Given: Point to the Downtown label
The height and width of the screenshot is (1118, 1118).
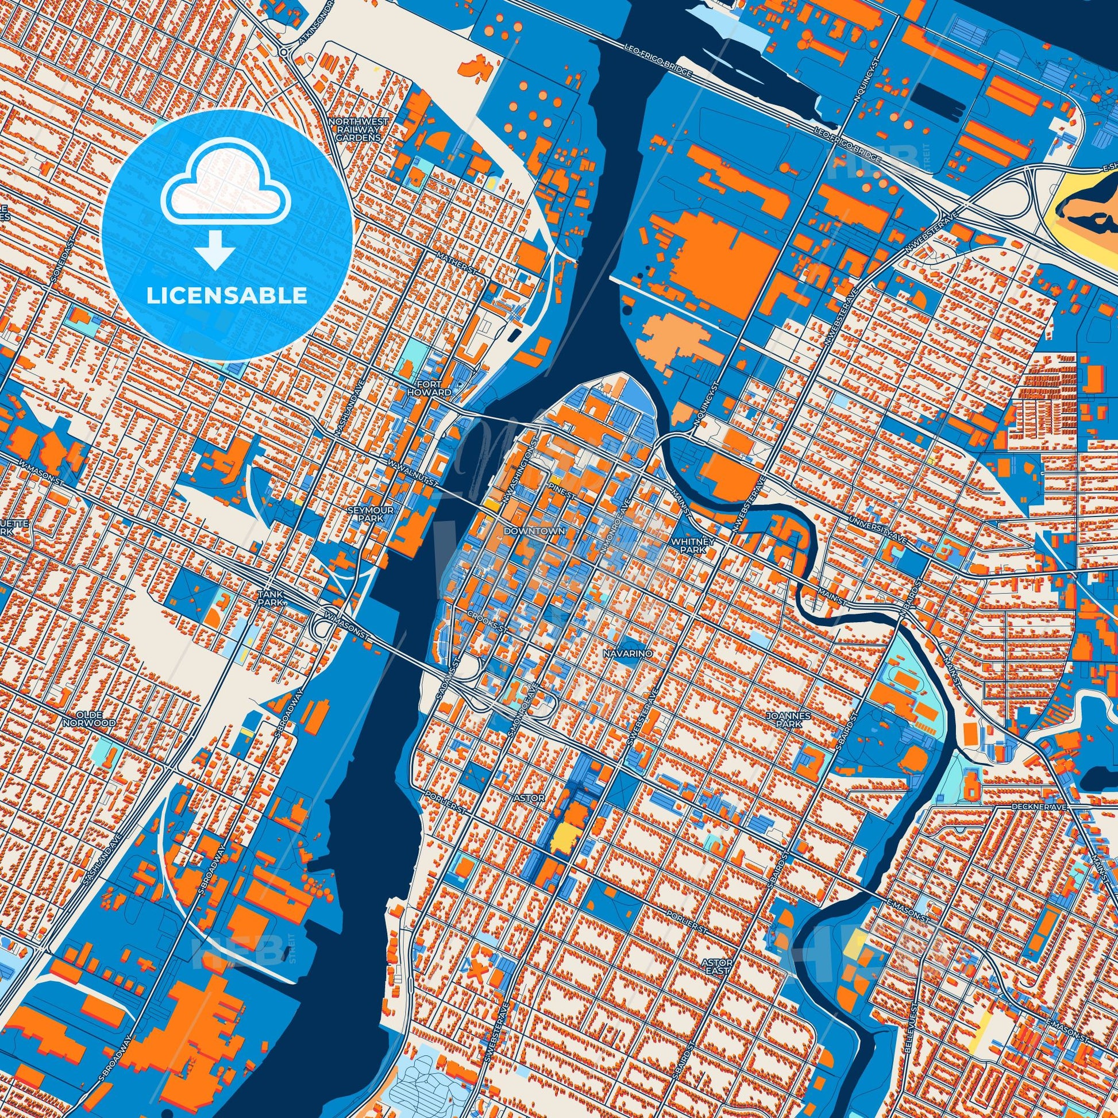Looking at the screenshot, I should coord(526,530).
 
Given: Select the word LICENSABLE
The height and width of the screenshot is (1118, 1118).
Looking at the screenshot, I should coord(227,295).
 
